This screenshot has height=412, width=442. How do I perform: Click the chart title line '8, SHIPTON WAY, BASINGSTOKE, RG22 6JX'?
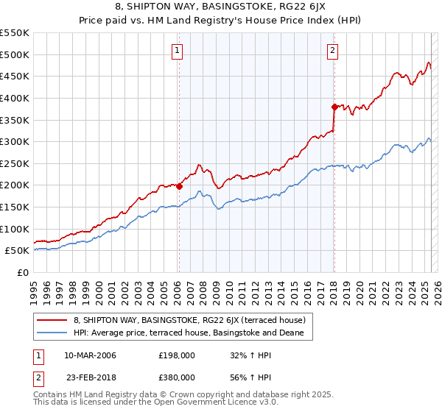(x=220, y=8)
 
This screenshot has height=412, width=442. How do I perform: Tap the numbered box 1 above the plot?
(x=178, y=51)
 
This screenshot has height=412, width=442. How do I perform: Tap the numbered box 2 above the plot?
(x=333, y=51)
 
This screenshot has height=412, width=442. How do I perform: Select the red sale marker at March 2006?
(x=179, y=186)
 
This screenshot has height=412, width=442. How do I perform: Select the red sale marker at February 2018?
(x=334, y=107)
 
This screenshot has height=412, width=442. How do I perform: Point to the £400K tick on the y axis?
(x=15, y=98)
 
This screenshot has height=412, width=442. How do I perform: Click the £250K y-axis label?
(x=15, y=163)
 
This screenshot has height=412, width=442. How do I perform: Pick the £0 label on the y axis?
(x=22, y=272)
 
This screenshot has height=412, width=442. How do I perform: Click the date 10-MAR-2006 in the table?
(x=90, y=355)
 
